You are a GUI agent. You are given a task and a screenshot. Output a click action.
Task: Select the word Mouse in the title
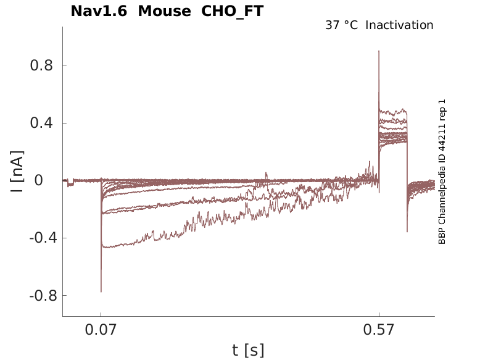164,11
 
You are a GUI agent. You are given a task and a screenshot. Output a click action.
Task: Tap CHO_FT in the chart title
233,11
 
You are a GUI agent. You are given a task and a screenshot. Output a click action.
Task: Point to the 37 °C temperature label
341,25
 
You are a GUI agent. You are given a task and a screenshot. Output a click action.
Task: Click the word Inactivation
399,25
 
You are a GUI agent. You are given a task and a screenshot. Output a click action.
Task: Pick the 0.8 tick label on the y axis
39,65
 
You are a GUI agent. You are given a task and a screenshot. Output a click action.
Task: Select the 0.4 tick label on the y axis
39,123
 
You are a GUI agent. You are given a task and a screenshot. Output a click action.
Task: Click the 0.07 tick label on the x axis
101,331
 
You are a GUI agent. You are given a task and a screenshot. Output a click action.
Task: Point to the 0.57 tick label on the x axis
379,331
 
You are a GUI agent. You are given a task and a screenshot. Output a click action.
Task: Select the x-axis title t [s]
248,351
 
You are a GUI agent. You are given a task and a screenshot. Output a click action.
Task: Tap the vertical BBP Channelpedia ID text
442,172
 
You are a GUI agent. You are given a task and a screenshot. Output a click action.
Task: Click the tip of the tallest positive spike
379,51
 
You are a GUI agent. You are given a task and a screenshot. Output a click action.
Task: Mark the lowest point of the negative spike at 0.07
101,291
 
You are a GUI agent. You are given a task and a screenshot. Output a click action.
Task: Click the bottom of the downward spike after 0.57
407,232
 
